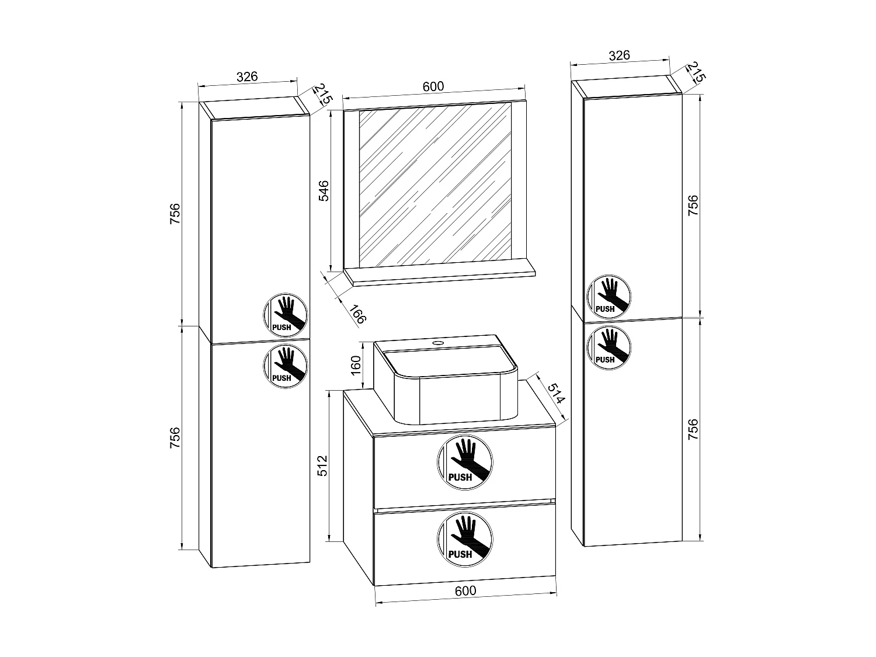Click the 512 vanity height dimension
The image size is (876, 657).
324,466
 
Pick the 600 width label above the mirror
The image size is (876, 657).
433,86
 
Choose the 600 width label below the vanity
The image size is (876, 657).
465,590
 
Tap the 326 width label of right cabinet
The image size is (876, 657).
619,55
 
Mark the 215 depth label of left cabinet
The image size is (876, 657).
322,95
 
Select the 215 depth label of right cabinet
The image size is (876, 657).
695,72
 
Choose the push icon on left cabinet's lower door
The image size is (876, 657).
285,366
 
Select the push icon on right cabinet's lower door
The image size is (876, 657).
609,347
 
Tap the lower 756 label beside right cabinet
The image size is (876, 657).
693,429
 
